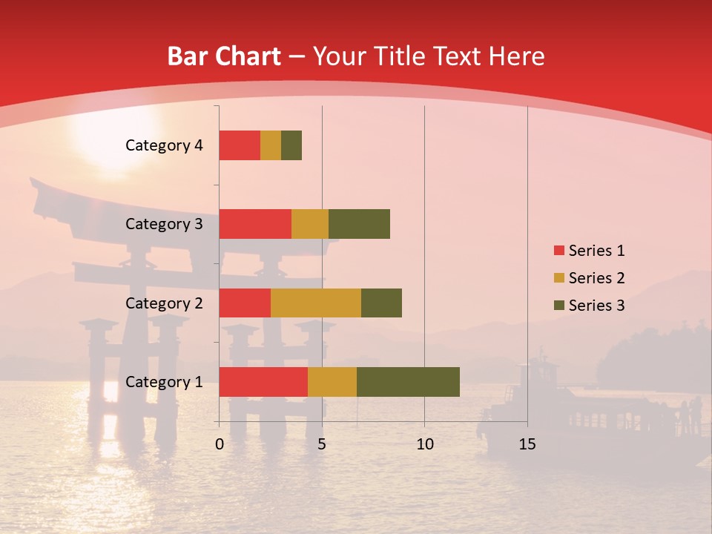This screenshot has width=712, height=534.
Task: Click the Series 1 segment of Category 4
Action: coord(240,145)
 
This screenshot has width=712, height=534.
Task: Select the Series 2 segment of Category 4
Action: coord(271,145)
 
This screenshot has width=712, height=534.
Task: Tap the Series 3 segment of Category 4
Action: coord(291,145)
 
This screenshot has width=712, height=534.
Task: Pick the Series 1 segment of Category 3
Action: coord(255,224)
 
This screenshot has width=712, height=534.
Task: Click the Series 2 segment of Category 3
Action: coord(310,224)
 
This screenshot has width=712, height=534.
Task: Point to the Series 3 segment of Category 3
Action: coord(359,224)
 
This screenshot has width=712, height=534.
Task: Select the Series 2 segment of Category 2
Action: coord(316,303)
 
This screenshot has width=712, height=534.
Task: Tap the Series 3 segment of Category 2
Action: coord(381,303)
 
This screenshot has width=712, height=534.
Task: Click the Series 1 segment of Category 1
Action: coord(263,382)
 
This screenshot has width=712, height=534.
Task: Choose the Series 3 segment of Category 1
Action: coord(408,382)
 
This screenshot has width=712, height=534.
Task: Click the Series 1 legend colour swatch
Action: coord(558,251)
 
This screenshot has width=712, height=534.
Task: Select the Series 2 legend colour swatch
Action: coord(558,278)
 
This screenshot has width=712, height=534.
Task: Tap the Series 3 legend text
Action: coord(596,306)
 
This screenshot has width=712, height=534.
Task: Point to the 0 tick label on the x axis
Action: coord(220,444)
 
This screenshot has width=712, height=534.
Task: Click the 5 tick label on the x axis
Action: coord(322,444)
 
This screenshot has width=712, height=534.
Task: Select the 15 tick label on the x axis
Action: coord(527,444)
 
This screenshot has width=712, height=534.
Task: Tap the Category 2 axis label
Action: coord(164,303)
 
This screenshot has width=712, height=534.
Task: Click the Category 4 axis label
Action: coord(164,145)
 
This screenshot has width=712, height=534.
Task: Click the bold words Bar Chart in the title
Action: coord(224,56)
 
